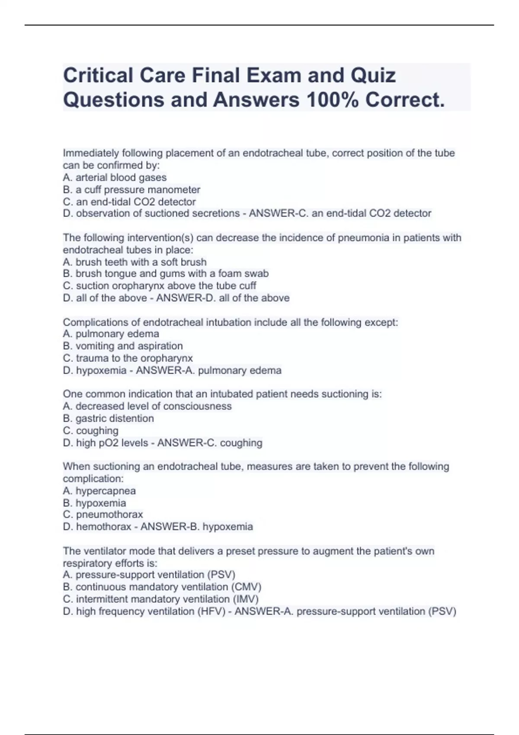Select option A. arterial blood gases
(115, 177)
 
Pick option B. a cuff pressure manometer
(131, 189)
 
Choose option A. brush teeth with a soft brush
(135, 262)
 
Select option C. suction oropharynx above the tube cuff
(159, 286)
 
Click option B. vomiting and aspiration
(123, 346)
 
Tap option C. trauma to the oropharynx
(128, 358)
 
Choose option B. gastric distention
(108, 418)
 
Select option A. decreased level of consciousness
(147, 406)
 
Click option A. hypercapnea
(99, 491)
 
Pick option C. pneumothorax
(103, 514)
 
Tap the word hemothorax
(103, 527)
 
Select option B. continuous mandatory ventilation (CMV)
(162, 587)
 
